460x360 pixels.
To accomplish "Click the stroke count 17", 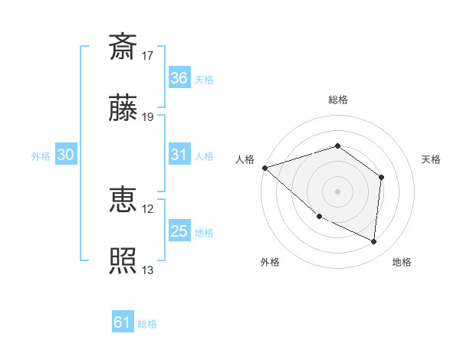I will coord(148,56).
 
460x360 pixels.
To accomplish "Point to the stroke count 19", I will coord(148,117).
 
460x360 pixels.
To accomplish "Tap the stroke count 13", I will coord(148,270).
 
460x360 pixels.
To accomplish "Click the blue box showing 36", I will coord(179,78).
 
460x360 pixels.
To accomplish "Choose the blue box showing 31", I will coord(179,155).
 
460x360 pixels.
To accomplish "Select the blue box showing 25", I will coord(179,231).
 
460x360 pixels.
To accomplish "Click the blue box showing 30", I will coord(66,155).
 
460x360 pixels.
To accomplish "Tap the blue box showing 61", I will coord(123,323).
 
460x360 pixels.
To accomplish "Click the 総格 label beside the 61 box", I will coord(147,324).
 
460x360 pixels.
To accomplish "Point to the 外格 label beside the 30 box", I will coord(41,155).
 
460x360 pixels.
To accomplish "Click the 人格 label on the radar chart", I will coord(245,159).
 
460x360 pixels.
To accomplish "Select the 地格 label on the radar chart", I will coord(402,263).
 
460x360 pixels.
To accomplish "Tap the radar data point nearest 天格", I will coord(381,177).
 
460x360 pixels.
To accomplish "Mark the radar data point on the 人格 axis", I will coord(264,167).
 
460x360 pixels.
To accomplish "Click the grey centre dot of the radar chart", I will coord(337,191).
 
